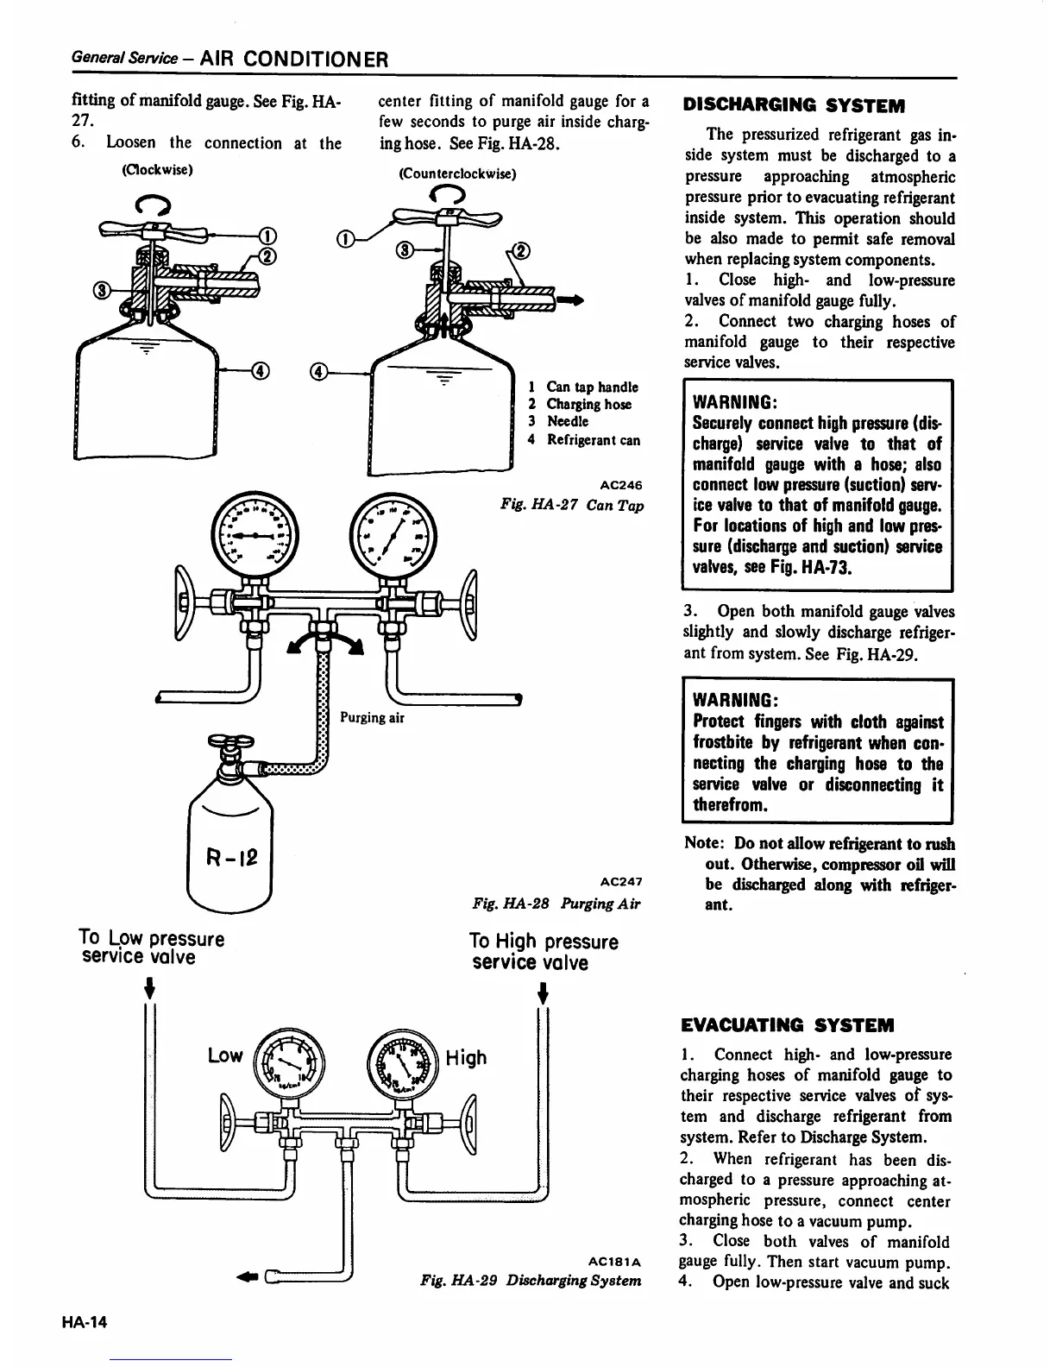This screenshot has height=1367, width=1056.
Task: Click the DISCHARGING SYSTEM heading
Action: pyautogui.click(x=794, y=106)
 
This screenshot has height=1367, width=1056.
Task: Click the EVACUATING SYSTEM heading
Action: pyautogui.click(x=788, y=1025)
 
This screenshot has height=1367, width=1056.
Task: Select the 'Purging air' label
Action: pyautogui.click(x=372, y=717)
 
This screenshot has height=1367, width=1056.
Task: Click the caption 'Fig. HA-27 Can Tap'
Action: pyautogui.click(x=572, y=505)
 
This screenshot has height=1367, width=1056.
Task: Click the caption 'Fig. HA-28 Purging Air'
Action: pyautogui.click(x=557, y=903)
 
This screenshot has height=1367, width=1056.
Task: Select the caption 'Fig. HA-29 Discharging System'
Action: pyautogui.click(x=531, y=1280)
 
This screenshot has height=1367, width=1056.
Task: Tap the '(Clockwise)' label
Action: pyautogui.click(x=156, y=169)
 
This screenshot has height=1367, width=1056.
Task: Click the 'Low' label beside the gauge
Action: pyautogui.click(x=224, y=1055)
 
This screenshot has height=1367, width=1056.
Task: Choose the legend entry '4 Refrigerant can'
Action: pyautogui.click(x=584, y=440)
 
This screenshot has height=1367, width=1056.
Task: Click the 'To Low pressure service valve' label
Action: pyautogui.click(x=151, y=947)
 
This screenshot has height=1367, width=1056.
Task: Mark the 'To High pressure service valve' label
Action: pyautogui.click(x=544, y=951)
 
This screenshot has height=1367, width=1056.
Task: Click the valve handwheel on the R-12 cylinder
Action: pyautogui.click(x=232, y=741)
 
